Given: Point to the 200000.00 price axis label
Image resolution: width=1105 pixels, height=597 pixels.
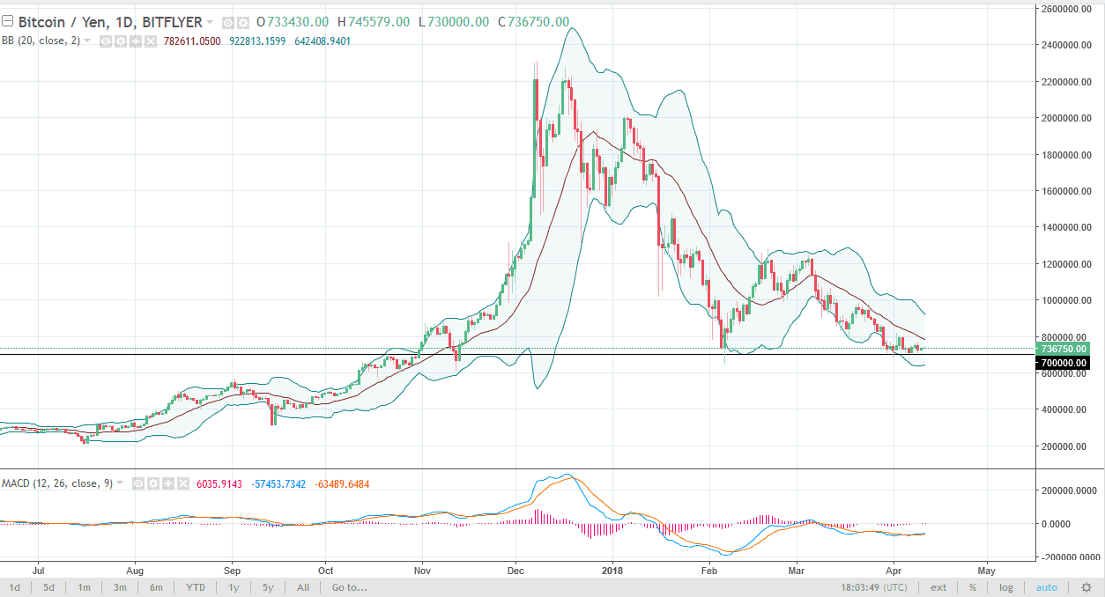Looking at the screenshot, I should pyautogui.click(x=1063, y=446).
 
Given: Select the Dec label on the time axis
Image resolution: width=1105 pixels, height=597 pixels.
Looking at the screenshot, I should pyautogui.click(x=517, y=570).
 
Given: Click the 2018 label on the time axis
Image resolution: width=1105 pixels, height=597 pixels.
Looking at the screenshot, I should pyautogui.click(x=611, y=570).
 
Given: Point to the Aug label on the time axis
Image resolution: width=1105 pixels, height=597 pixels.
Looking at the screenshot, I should pyautogui.click(x=135, y=570).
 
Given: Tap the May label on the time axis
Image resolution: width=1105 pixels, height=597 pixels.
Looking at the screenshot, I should pyautogui.click(x=987, y=570).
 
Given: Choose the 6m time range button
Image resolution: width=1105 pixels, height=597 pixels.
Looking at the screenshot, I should pyautogui.click(x=156, y=587).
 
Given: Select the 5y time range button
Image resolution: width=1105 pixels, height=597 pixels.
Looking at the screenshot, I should pyautogui.click(x=267, y=587).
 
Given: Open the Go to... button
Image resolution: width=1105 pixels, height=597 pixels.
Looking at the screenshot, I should pyautogui.click(x=349, y=587).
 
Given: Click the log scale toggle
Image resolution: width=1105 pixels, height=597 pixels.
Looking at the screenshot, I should pyautogui.click(x=1005, y=587).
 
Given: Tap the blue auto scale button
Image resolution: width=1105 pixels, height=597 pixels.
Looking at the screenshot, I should pyautogui.click(x=1047, y=587).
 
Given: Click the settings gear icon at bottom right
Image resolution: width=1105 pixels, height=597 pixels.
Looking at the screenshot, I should pyautogui.click(x=1085, y=587).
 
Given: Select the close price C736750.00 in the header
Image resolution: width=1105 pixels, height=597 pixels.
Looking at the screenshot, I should pyautogui.click(x=532, y=22).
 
